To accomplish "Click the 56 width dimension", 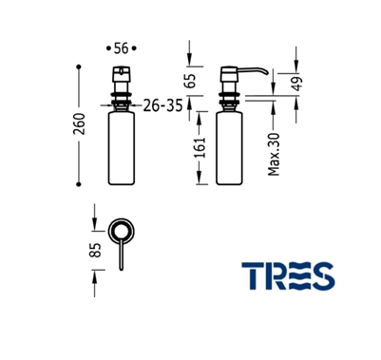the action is click(122, 48).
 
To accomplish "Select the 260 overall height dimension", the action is click(80, 123).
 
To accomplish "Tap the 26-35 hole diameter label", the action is click(162, 105).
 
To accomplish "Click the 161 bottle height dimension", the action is click(200, 147).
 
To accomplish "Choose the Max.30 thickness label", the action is click(274, 155).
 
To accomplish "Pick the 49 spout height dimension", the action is click(297, 84).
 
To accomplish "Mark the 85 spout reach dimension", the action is click(95, 250).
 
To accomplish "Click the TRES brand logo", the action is click(288, 275).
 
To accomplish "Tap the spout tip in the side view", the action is click(266, 73).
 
